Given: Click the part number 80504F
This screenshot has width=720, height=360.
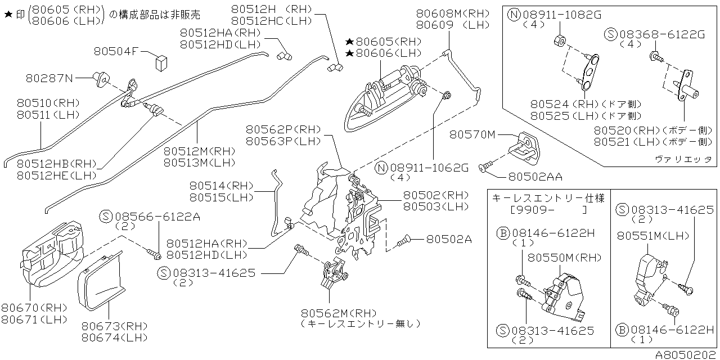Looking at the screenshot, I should tap(116, 51).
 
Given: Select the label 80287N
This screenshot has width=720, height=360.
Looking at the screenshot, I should tap(49, 78).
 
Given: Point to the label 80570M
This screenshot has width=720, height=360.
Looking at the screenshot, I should tap(472, 134).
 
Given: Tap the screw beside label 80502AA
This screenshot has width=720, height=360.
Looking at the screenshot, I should tap(485, 166).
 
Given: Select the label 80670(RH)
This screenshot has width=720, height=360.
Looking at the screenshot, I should tap(34, 307).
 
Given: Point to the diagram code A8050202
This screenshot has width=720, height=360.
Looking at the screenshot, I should tap(686, 354).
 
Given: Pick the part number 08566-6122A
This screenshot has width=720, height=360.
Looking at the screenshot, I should tap(157, 216).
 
